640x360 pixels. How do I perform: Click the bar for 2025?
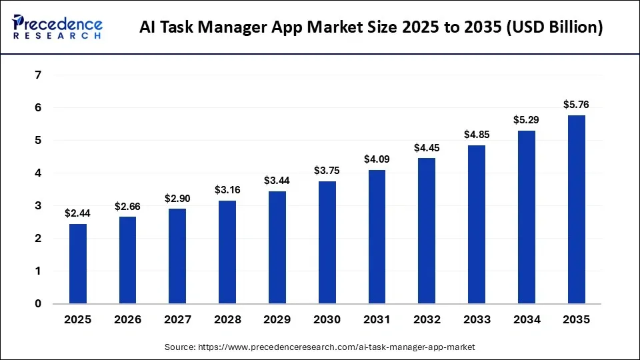78,264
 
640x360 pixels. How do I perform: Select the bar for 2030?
327,243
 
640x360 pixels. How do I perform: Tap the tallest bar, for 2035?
576,209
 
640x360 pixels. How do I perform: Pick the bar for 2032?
427,231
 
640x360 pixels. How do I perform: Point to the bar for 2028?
227,252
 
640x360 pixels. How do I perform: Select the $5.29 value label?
526,120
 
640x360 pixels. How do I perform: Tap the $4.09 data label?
377,159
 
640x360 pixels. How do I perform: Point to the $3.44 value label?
277,181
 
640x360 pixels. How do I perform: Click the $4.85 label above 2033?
477,134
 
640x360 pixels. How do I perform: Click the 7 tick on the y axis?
38,75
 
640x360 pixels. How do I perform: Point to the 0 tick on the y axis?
38,304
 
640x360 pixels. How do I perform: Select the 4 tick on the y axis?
38,173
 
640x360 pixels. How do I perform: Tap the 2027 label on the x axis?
177,320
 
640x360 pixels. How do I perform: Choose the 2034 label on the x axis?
526,320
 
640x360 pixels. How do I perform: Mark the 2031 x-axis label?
377,320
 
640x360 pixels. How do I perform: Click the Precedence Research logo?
57,27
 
